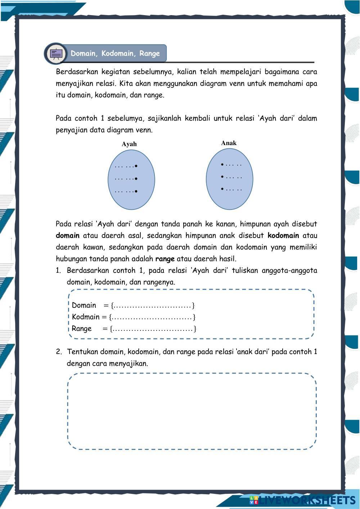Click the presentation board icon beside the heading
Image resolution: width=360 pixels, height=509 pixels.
coord(56,54)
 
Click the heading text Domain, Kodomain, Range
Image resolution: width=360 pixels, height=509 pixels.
coord(115,54)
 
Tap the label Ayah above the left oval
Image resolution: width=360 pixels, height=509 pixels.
coord(129,144)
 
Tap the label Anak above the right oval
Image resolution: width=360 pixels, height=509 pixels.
coord(229,143)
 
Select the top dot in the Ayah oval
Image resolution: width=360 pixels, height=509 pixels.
coord(136,166)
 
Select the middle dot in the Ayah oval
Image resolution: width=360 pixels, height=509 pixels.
coord(136,179)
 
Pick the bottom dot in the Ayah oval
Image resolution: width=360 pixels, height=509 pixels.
coord(136,191)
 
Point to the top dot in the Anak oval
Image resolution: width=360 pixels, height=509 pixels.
coord(222,165)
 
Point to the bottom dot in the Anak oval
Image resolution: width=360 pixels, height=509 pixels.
coord(222,189)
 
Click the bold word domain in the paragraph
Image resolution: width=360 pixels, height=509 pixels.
coord(68,236)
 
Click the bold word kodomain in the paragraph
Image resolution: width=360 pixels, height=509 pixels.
coord(283,236)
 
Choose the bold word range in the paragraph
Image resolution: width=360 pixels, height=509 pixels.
coord(165,259)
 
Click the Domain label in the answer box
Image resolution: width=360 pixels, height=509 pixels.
coord(84,306)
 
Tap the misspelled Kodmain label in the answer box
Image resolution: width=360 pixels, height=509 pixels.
coord(86,317)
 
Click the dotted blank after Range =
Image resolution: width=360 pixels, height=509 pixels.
coord(153,329)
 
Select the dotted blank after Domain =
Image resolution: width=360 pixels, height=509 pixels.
coord(153,306)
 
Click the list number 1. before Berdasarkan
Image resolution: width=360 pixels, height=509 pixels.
coord(59,271)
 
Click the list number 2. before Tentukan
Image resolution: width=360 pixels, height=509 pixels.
coord(59,352)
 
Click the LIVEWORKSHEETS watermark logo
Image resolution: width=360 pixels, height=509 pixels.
coord(302,500)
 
